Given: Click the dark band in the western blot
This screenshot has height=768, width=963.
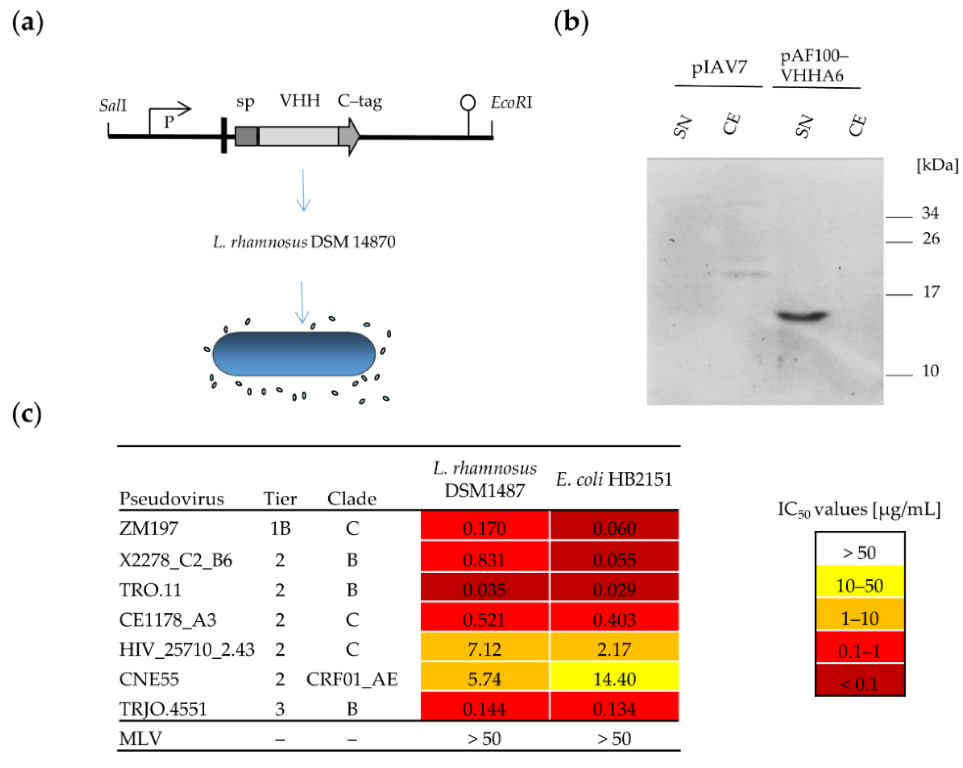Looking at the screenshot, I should [x=802, y=316].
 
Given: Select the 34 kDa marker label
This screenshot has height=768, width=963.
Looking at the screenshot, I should [x=930, y=213].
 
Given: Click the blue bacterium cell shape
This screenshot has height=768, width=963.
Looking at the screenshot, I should [x=294, y=353].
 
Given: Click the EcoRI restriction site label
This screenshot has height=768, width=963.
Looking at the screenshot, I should [x=511, y=102].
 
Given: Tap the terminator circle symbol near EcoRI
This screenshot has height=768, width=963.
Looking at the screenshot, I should [x=468, y=102].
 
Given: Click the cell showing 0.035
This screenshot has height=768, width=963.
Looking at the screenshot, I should [x=485, y=590].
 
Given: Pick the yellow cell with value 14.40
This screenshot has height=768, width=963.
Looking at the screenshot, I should [x=614, y=679].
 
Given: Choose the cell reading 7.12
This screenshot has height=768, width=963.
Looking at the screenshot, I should [x=485, y=649].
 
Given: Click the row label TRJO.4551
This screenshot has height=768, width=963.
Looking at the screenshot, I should [x=163, y=709].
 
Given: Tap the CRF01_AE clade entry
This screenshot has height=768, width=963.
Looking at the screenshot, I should [x=352, y=679].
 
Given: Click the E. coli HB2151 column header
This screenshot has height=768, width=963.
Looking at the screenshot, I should [x=614, y=480].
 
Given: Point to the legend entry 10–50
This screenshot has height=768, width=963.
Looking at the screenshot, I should [x=860, y=585].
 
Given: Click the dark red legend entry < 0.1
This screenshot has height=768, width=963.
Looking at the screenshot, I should [x=860, y=684].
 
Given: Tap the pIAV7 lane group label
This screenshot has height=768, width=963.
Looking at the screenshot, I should [x=719, y=67].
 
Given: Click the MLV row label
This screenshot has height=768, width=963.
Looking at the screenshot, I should [x=140, y=739].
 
